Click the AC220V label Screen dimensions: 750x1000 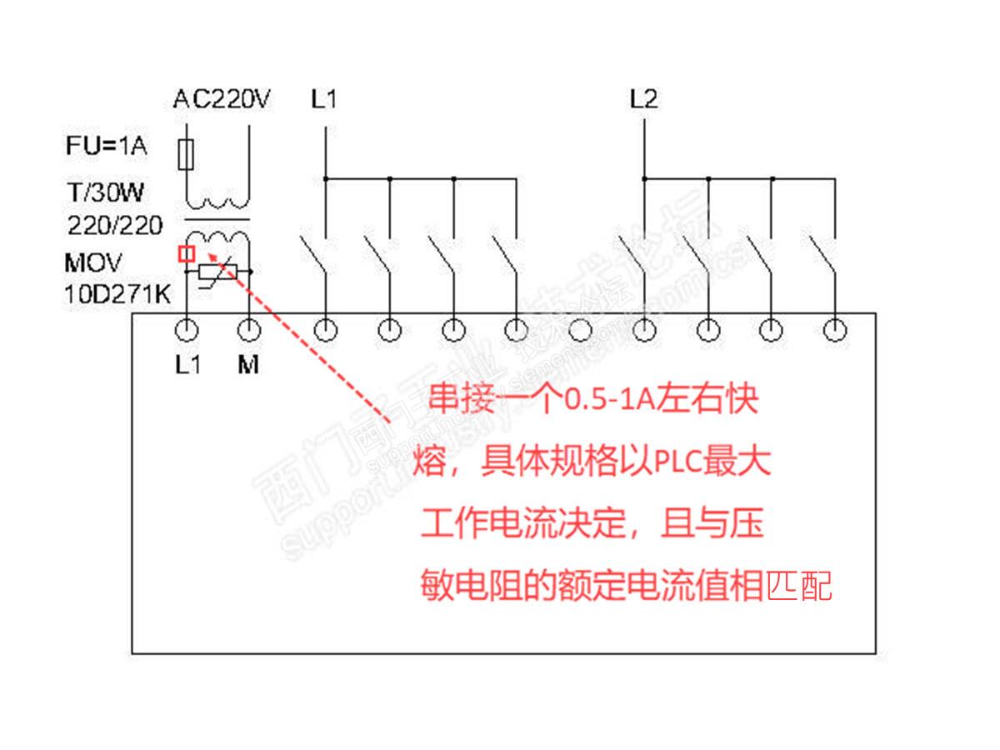[222, 100]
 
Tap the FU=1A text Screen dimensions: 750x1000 [106, 147]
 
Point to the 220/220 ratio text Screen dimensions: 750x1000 [115, 225]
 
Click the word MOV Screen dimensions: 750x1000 [92, 262]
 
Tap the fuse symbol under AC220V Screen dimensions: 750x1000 [187, 153]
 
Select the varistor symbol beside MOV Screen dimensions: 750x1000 [218, 272]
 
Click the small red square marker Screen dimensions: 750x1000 [187, 253]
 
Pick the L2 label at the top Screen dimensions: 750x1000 [643, 100]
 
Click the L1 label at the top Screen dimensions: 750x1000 [324, 100]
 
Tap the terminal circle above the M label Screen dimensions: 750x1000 [248, 331]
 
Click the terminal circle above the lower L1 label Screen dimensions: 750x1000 [187, 331]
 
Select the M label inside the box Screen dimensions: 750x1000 [248, 365]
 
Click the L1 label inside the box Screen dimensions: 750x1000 [187, 365]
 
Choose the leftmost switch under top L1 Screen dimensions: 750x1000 [314, 254]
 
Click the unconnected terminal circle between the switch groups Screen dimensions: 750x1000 [580, 331]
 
